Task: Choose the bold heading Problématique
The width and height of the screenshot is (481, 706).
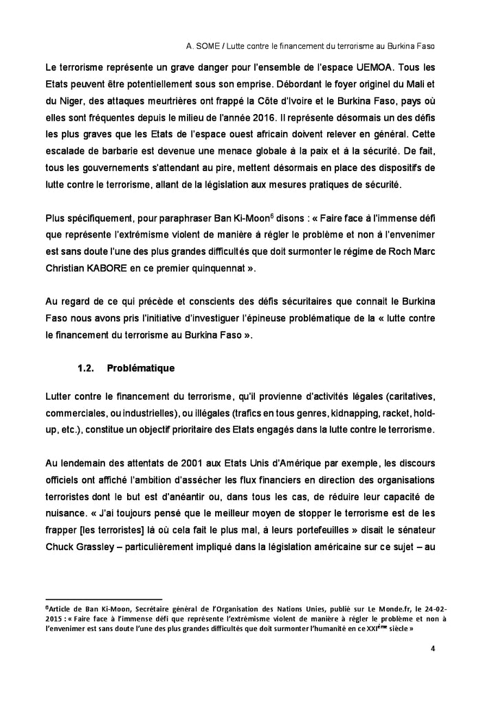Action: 141,368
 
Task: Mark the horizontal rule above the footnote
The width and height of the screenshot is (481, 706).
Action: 103,599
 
